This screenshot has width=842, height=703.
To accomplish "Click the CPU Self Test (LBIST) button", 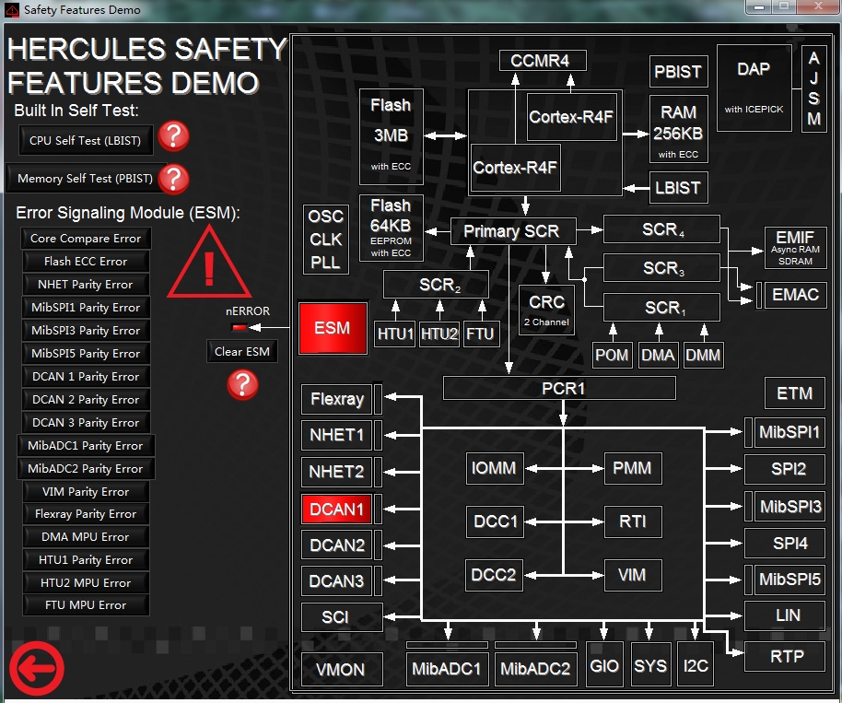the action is coord(86,140).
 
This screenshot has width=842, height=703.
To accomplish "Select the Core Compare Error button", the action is coord(86,239).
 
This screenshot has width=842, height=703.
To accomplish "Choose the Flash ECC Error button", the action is coord(86,262).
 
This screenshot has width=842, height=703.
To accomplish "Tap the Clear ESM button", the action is coord(242,352).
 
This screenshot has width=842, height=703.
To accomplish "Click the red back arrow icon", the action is coord(37,669).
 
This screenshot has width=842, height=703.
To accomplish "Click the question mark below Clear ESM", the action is coord(242,384).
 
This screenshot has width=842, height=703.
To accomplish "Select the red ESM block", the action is coord(333,328).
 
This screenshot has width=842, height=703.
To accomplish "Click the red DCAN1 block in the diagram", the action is coord(336,510).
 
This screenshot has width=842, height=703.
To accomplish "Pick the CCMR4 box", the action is coord(543,61).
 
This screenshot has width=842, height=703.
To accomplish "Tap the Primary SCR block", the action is coord(513,231).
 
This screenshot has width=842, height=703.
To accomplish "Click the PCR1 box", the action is coord(559,388).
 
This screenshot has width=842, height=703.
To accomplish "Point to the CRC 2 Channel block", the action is coord(546,310).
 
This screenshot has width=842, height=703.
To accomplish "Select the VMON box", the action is coord(342,669).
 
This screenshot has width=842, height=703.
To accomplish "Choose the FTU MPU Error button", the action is coord(86,605).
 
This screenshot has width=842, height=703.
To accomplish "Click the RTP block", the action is coord(785,656).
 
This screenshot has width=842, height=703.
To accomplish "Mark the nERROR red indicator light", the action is coord(239,327).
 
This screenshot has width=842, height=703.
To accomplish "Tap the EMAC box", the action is coord(795,295).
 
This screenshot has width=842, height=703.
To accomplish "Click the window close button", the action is coord(818,6).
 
